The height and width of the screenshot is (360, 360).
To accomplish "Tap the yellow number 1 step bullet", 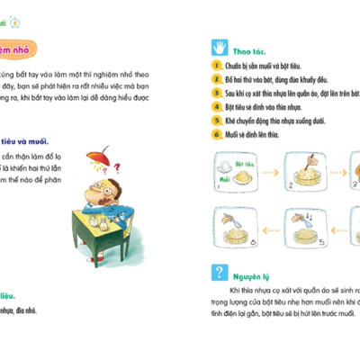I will (x=217, y=66).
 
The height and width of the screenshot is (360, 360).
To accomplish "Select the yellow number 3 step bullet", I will (x=217, y=92).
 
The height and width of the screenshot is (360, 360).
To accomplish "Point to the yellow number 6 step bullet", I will (x=217, y=133).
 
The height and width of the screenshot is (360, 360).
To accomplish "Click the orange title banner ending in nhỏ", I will (x=24, y=51).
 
